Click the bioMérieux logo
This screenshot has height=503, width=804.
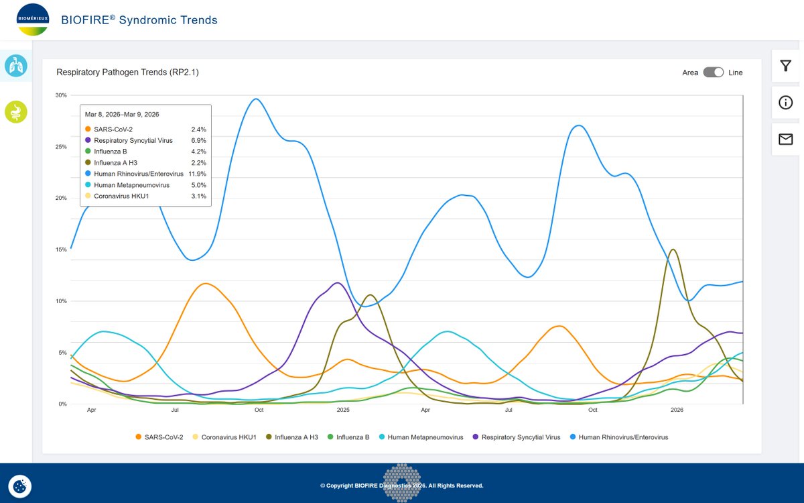point(33,19)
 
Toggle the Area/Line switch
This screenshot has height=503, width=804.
point(713,72)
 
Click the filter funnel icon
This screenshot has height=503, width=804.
point(786,66)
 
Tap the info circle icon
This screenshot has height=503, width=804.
point(786,103)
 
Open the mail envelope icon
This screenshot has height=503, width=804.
point(786,139)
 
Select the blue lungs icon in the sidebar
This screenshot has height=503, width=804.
point(16,66)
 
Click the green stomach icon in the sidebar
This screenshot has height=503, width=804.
point(16,112)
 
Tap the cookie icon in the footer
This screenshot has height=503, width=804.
point(19,486)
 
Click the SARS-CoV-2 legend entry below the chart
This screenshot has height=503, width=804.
point(159,437)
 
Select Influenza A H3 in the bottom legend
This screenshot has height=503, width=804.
point(292,437)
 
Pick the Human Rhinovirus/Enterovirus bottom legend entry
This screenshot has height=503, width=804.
point(619,437)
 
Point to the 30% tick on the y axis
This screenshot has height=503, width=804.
point(61,95)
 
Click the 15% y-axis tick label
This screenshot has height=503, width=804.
point(61,249)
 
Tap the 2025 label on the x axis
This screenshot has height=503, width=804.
point(343,410)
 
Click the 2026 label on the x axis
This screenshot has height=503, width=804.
point(677,410)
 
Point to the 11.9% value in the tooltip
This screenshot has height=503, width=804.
point(198,174)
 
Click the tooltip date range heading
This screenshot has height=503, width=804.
point(122,114)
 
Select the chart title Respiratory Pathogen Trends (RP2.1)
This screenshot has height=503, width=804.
point(127,72)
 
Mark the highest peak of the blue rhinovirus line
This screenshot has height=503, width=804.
point(255,99)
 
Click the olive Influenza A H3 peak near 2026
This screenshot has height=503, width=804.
point(673,249)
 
